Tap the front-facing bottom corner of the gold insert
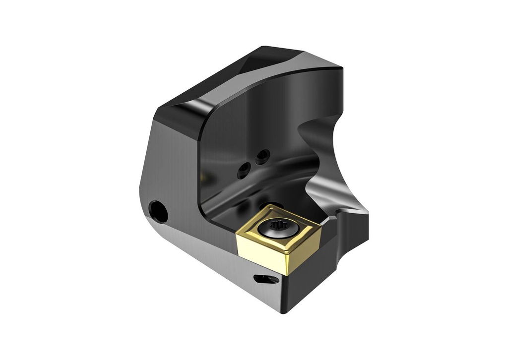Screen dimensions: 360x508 click(286, 273)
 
